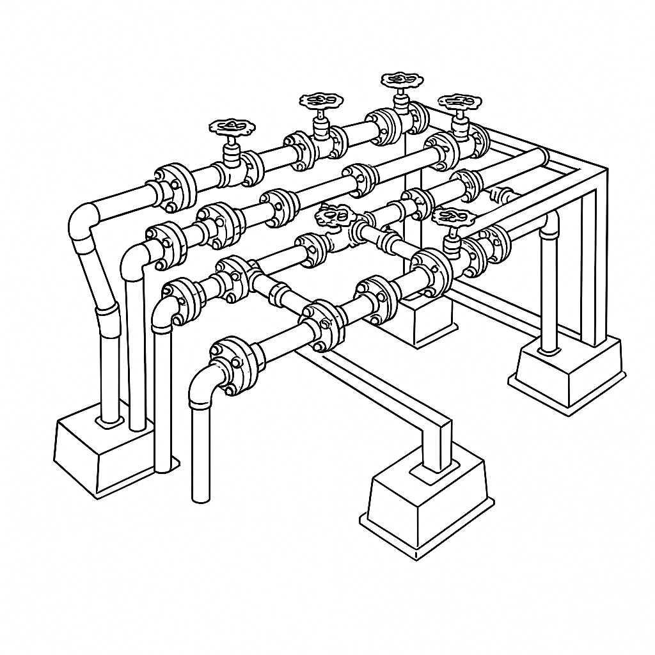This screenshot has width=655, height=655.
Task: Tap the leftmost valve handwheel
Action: coord(232,126)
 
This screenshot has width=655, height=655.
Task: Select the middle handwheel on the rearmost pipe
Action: coord(321,100)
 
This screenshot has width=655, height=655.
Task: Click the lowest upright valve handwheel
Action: coord(452,218)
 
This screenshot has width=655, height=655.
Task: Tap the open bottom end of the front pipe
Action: coord(201,496)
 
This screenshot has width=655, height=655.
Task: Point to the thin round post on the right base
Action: coord(548,288)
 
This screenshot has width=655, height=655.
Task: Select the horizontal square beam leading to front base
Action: coord(384,390)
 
